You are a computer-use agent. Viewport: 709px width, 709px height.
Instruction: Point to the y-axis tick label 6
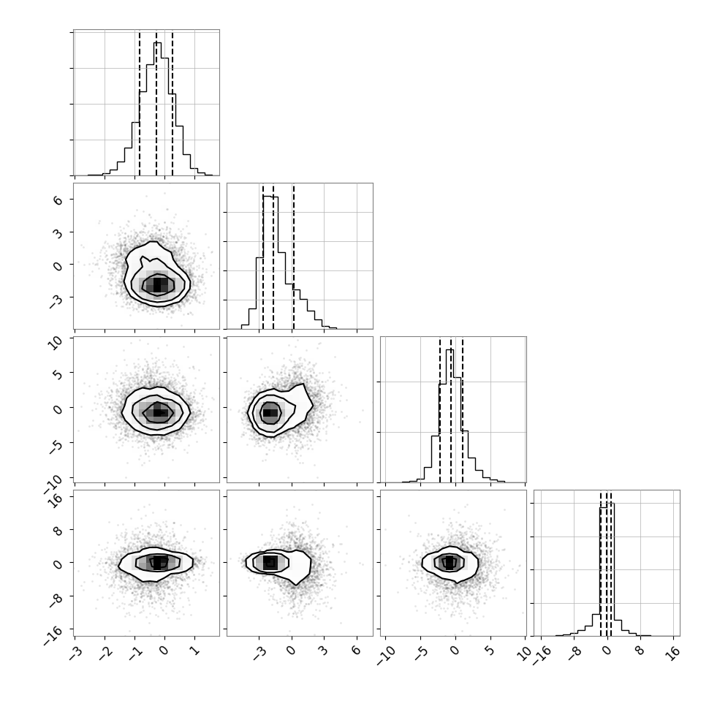click(58, 200)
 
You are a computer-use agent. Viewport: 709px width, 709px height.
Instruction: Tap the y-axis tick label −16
click(54, 635)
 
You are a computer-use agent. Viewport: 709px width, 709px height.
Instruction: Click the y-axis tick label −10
click(54, 483)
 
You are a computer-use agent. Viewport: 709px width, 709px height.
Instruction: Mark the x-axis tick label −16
click(541, 655)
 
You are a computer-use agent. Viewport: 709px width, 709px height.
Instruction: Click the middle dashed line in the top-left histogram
click(156, 104)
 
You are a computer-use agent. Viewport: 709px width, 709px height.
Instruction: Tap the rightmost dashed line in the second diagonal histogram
click(293, 257)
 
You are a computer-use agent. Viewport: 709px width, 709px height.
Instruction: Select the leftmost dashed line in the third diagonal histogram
click(439, 411)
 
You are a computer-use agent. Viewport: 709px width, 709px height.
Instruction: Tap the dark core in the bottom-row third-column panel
click(450, 563)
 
